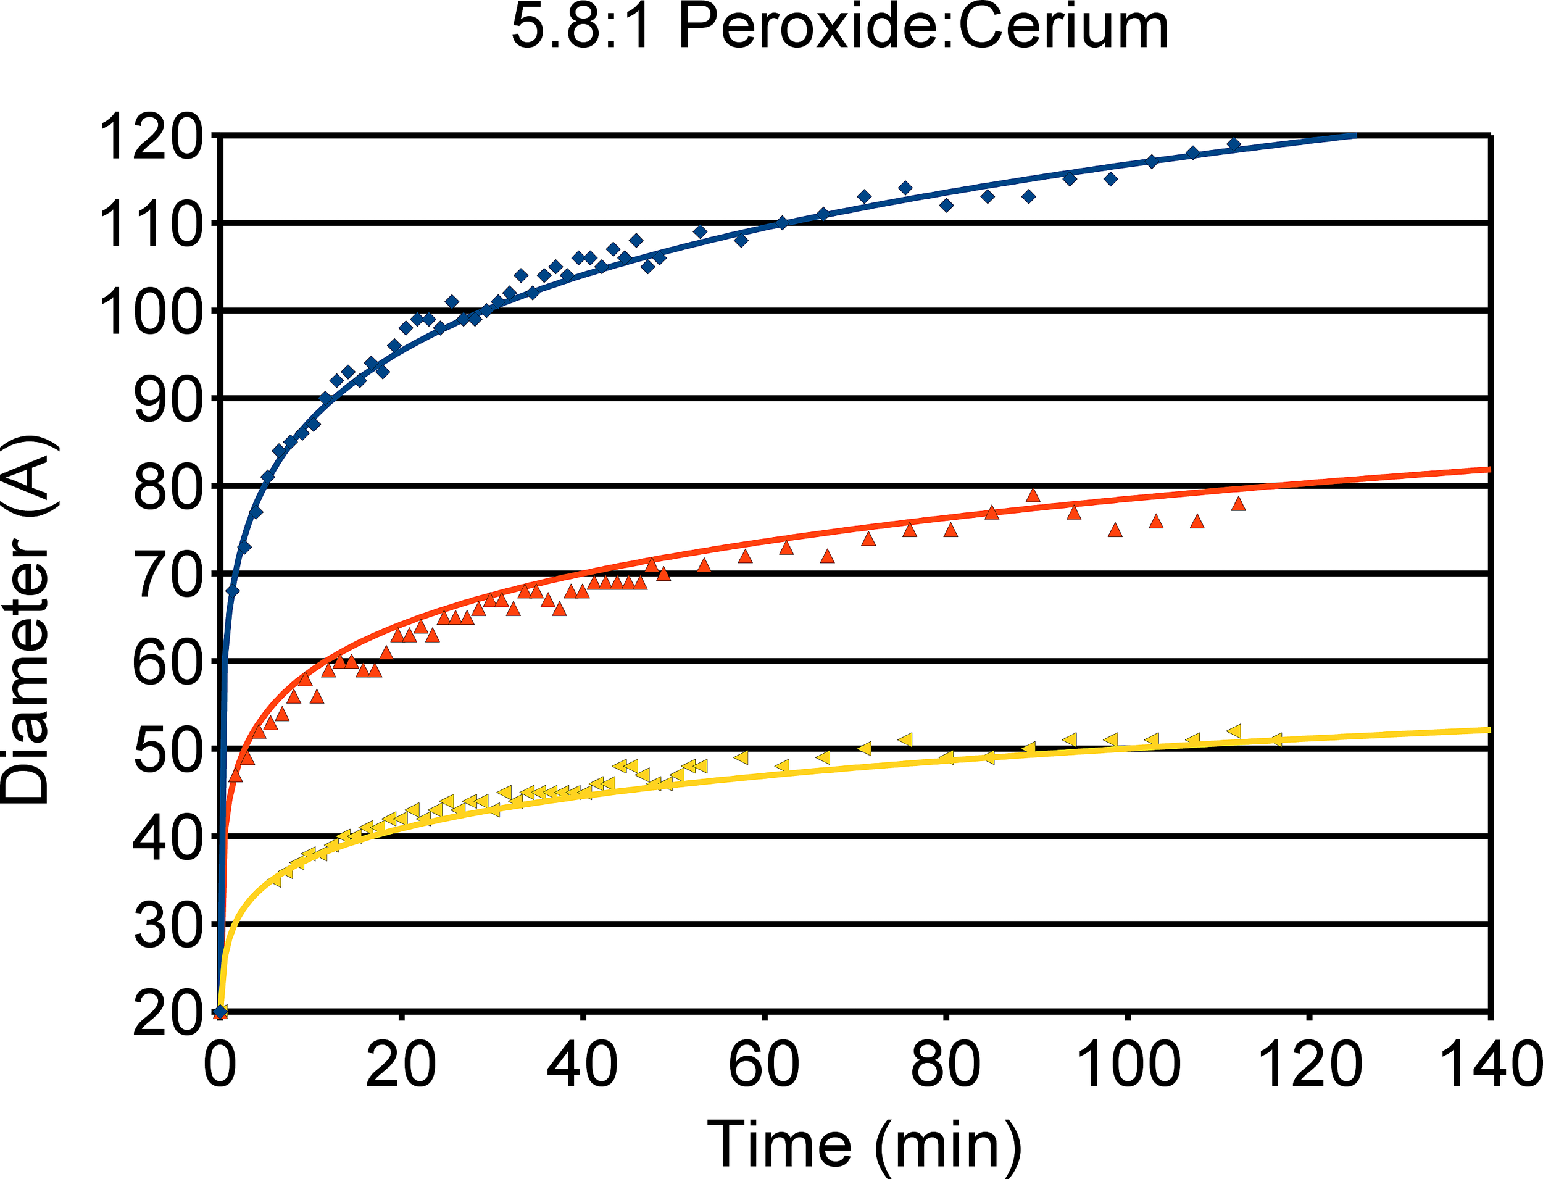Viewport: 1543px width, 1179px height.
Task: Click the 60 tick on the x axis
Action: (763, 1065)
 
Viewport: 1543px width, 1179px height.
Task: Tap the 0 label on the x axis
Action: (220, 1065)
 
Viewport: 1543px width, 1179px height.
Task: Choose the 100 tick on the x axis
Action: (1127, 1065)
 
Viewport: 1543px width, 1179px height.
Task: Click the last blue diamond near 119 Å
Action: (1234, 144)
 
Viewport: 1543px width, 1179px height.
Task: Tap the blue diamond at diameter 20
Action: (221, 1011)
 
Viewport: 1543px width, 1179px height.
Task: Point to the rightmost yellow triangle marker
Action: (1276, 739)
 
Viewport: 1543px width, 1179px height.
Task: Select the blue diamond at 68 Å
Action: (233, 591)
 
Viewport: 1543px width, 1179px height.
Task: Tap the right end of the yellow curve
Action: (1487, 730)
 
